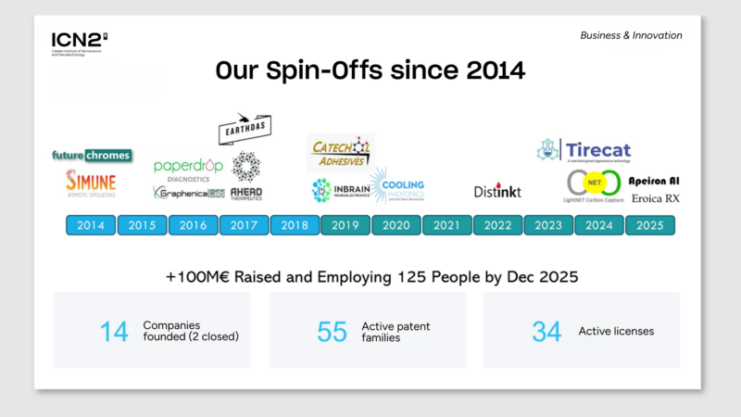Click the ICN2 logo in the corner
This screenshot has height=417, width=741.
(80, 42)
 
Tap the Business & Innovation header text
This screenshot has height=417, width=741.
(631, 35)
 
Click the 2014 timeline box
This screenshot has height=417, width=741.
(91, 225)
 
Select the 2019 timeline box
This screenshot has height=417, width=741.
(345, 225)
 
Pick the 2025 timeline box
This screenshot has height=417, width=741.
(650, 225)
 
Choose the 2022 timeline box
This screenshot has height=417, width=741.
(498, 225)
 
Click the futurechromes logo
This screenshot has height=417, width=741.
(91, 155)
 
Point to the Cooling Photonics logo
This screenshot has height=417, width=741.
(396, 184)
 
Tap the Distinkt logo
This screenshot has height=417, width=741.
(498, 191)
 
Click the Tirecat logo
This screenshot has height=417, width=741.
(584, 150)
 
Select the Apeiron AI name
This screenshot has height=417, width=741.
(656, 181)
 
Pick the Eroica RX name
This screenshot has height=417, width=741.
(656, 198)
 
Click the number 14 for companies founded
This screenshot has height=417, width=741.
(114, 331)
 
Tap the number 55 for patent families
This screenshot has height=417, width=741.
(331, 331)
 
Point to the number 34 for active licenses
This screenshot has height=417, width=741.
(546, 331)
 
